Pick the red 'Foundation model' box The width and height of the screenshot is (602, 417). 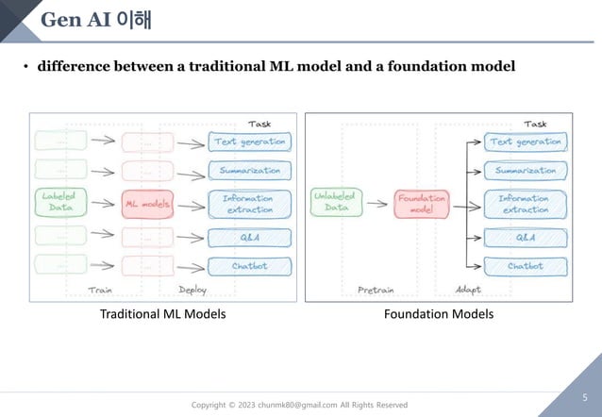(422, 204)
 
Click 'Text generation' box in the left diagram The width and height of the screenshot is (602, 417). (248, 142)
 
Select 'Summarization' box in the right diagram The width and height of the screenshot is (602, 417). (525, 171)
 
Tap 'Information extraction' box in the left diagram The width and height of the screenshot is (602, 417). (248, 204)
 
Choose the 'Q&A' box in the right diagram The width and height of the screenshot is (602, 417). (525, 237)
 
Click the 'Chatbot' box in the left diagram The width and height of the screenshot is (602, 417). (248, 266)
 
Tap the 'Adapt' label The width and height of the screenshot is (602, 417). (469, 290)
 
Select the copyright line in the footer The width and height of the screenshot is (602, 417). (300, 405)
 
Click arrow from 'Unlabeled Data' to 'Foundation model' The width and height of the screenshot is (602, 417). (377, 204)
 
